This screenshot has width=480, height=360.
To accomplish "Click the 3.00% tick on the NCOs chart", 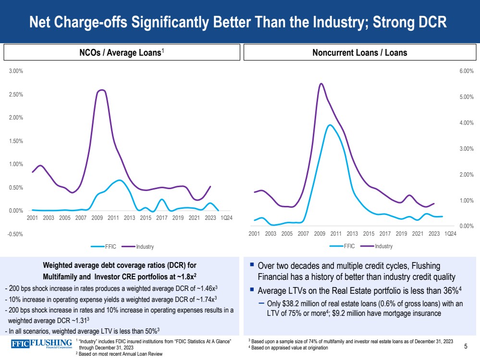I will (x=17, y=71).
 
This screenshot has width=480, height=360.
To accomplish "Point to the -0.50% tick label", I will (x=16, y=234).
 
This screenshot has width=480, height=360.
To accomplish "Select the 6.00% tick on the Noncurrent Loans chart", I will (x=467, y=71).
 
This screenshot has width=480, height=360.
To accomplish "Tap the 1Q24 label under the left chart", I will (x=227, y=218).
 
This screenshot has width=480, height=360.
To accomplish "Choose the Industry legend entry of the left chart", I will (x=144, y=247).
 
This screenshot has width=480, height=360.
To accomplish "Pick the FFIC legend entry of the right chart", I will (x=349, y=246).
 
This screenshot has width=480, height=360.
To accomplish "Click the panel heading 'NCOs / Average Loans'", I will (x=120, y=53).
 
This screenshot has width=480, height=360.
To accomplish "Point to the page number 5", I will (x=466, y=346).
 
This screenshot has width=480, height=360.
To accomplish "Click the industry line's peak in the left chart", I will (x=101, y=90).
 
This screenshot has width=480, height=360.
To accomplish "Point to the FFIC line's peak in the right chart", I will (x=330, y=125).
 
